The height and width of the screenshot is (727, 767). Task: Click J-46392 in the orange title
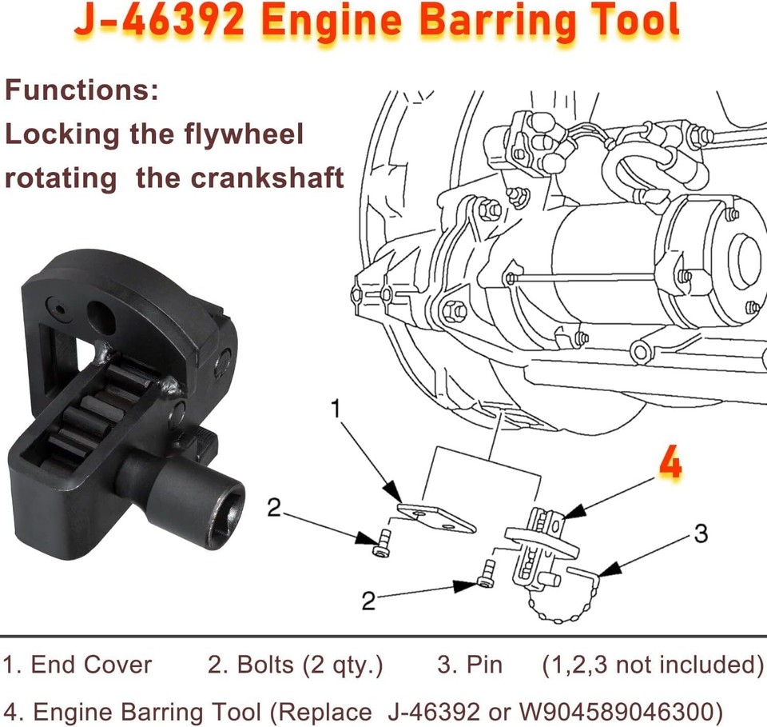pyautogui.click(x=160, y=24)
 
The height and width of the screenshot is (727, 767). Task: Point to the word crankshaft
pyautogui.click(x=268, y=178)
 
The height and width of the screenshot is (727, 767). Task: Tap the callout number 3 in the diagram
pyautogui.click(x=700, y=533)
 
